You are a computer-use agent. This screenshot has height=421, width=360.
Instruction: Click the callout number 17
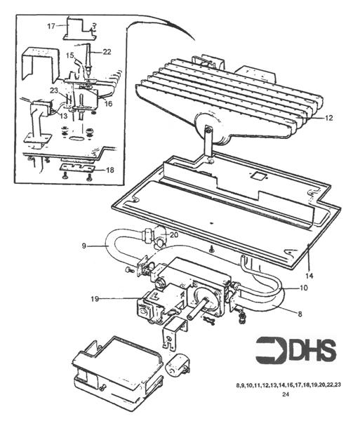pos(51,26)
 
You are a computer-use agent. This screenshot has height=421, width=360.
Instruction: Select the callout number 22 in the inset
pos(107,51)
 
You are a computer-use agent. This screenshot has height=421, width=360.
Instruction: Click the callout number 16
pos(108,103)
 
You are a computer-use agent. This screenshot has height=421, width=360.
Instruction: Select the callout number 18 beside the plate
pos(109,171)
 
